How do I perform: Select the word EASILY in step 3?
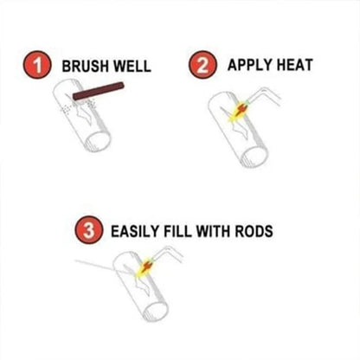pyautogui.click(x=136, y=232)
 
